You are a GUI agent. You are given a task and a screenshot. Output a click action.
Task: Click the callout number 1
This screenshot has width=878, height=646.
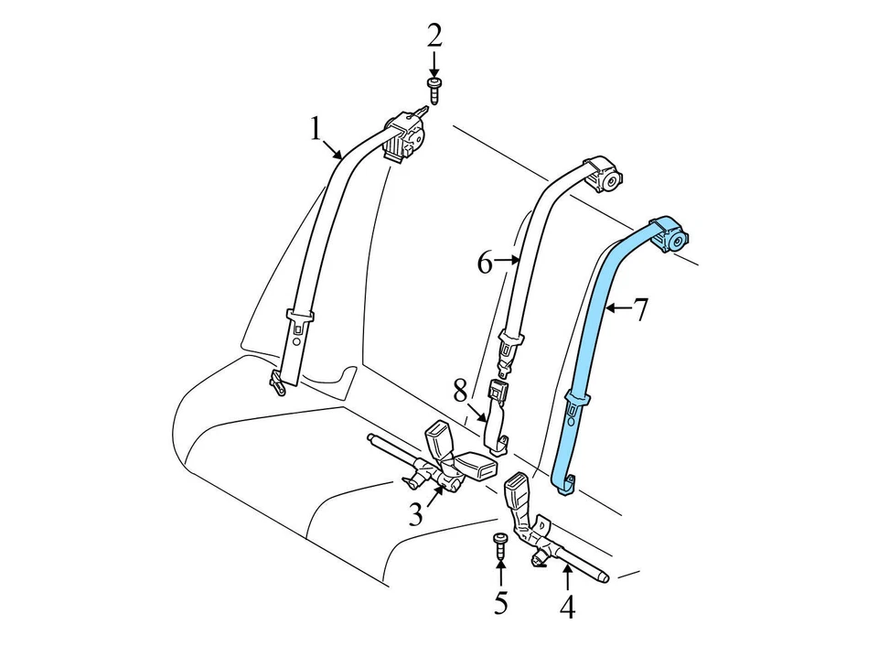click(316, 130)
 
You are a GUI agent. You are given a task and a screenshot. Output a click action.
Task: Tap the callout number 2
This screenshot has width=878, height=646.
click(434, 36)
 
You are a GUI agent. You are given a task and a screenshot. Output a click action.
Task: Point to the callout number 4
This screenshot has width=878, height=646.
click(567, 607)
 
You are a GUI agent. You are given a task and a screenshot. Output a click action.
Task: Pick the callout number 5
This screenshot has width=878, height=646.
click(500, 603)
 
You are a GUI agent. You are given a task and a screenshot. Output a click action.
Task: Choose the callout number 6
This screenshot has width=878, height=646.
click(485, 264)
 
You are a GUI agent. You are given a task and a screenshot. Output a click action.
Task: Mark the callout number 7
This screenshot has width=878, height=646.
click(640, 310)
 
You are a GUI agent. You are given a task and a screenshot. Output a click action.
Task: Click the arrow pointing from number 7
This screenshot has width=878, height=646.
click(615, 309)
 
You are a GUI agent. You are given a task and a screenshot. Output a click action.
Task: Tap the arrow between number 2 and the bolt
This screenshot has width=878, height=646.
click(434, 64)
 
